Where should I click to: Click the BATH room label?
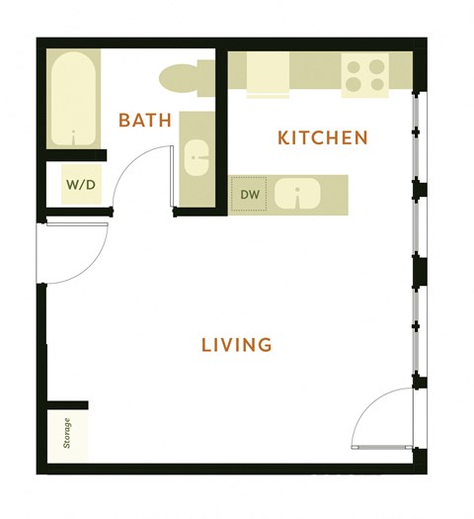(145, 121)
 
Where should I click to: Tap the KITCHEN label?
(323, 137)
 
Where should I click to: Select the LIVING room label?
(236, 345)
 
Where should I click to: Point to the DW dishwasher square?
(250, 195)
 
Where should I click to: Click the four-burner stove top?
(365, 75)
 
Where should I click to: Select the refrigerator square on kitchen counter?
(267, 74)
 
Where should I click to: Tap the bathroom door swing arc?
(138, 173)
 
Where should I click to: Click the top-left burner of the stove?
(355, 65)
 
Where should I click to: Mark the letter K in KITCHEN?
(283, 137)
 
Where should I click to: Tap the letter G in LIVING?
(265, 345)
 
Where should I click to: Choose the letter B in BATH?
(124, 121)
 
